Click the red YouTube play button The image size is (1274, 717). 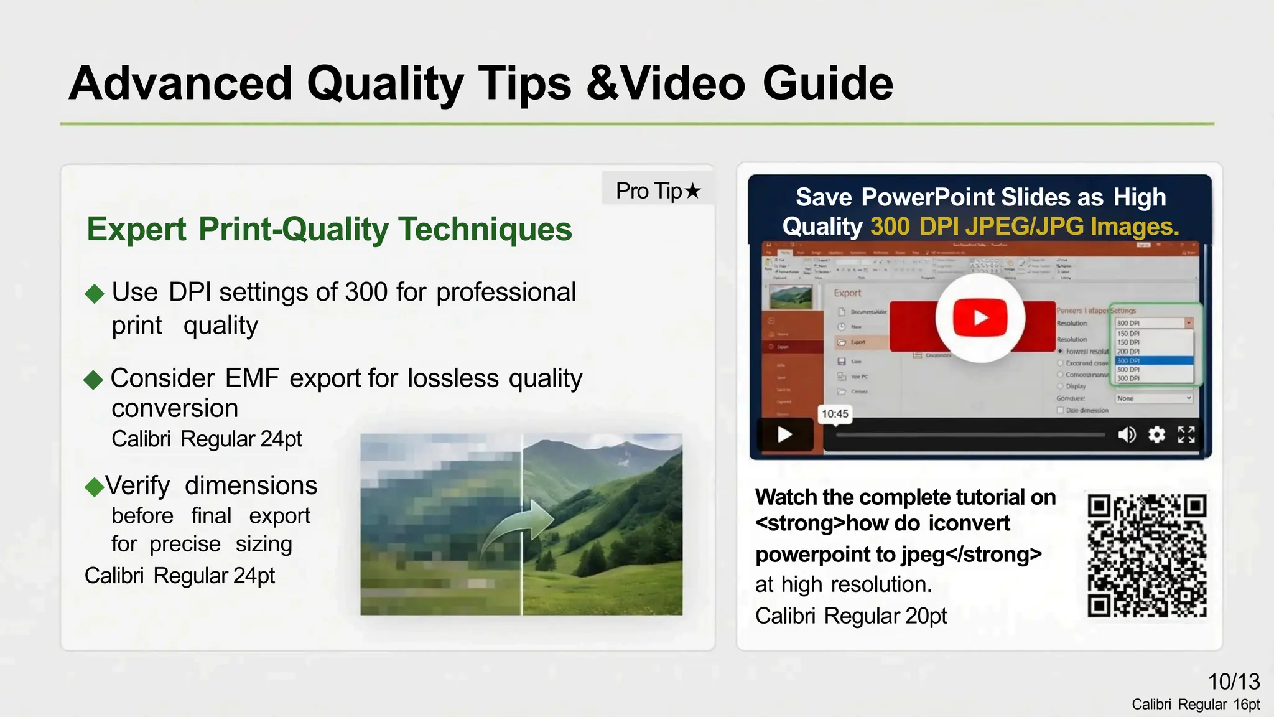(980, 317)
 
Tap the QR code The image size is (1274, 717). (1146, 555)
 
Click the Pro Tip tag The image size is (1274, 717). (658, 190)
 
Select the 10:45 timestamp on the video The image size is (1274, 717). (834, 414)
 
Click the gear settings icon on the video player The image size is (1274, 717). (1156, 434)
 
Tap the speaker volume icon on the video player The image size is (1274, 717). (1127, 434)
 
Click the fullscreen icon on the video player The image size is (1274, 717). (1186, 434)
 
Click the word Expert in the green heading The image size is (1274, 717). (136, 229)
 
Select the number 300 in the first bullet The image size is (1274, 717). (366, 292)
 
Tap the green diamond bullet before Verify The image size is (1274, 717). (94, 487)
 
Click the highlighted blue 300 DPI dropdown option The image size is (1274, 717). (1154, 361)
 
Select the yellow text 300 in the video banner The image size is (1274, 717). (890, 227)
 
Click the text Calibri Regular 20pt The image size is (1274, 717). (850, 616)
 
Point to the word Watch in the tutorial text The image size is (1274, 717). (786, 497)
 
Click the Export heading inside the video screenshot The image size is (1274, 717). (847, 293)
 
